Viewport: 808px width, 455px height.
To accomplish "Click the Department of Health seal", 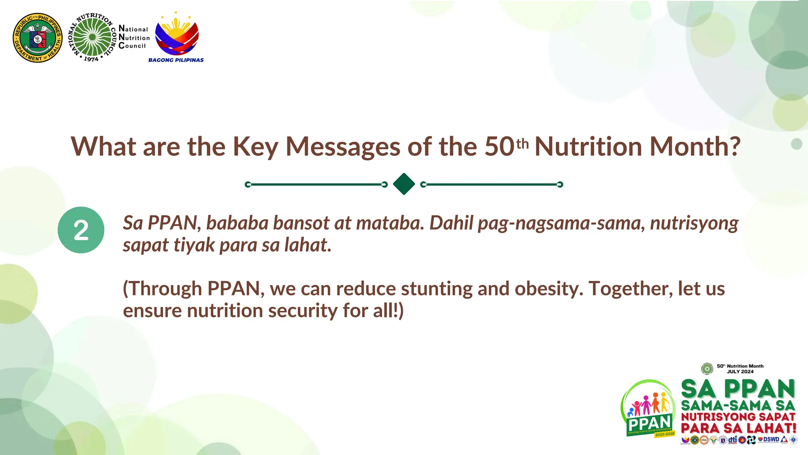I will point(37,38).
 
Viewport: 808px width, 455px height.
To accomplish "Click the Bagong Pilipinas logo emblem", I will point(176,36).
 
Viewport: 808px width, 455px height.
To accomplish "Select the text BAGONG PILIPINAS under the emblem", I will point(176,60).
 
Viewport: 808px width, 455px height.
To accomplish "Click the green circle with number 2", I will point(81,230).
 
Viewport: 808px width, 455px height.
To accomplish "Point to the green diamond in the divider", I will point(404,184).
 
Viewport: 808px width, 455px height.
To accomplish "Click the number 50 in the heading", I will point(499,147).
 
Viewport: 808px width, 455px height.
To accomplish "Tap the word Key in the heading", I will point(255,147).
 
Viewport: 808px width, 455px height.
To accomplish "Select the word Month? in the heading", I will point(695,147).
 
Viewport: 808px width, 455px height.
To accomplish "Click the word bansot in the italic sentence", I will point(301,223).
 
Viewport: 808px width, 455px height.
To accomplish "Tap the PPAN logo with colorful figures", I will point(648,409).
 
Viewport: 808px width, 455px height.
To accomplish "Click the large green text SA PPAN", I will point(738,389).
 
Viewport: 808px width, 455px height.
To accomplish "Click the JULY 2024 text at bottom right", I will point(740,372).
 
